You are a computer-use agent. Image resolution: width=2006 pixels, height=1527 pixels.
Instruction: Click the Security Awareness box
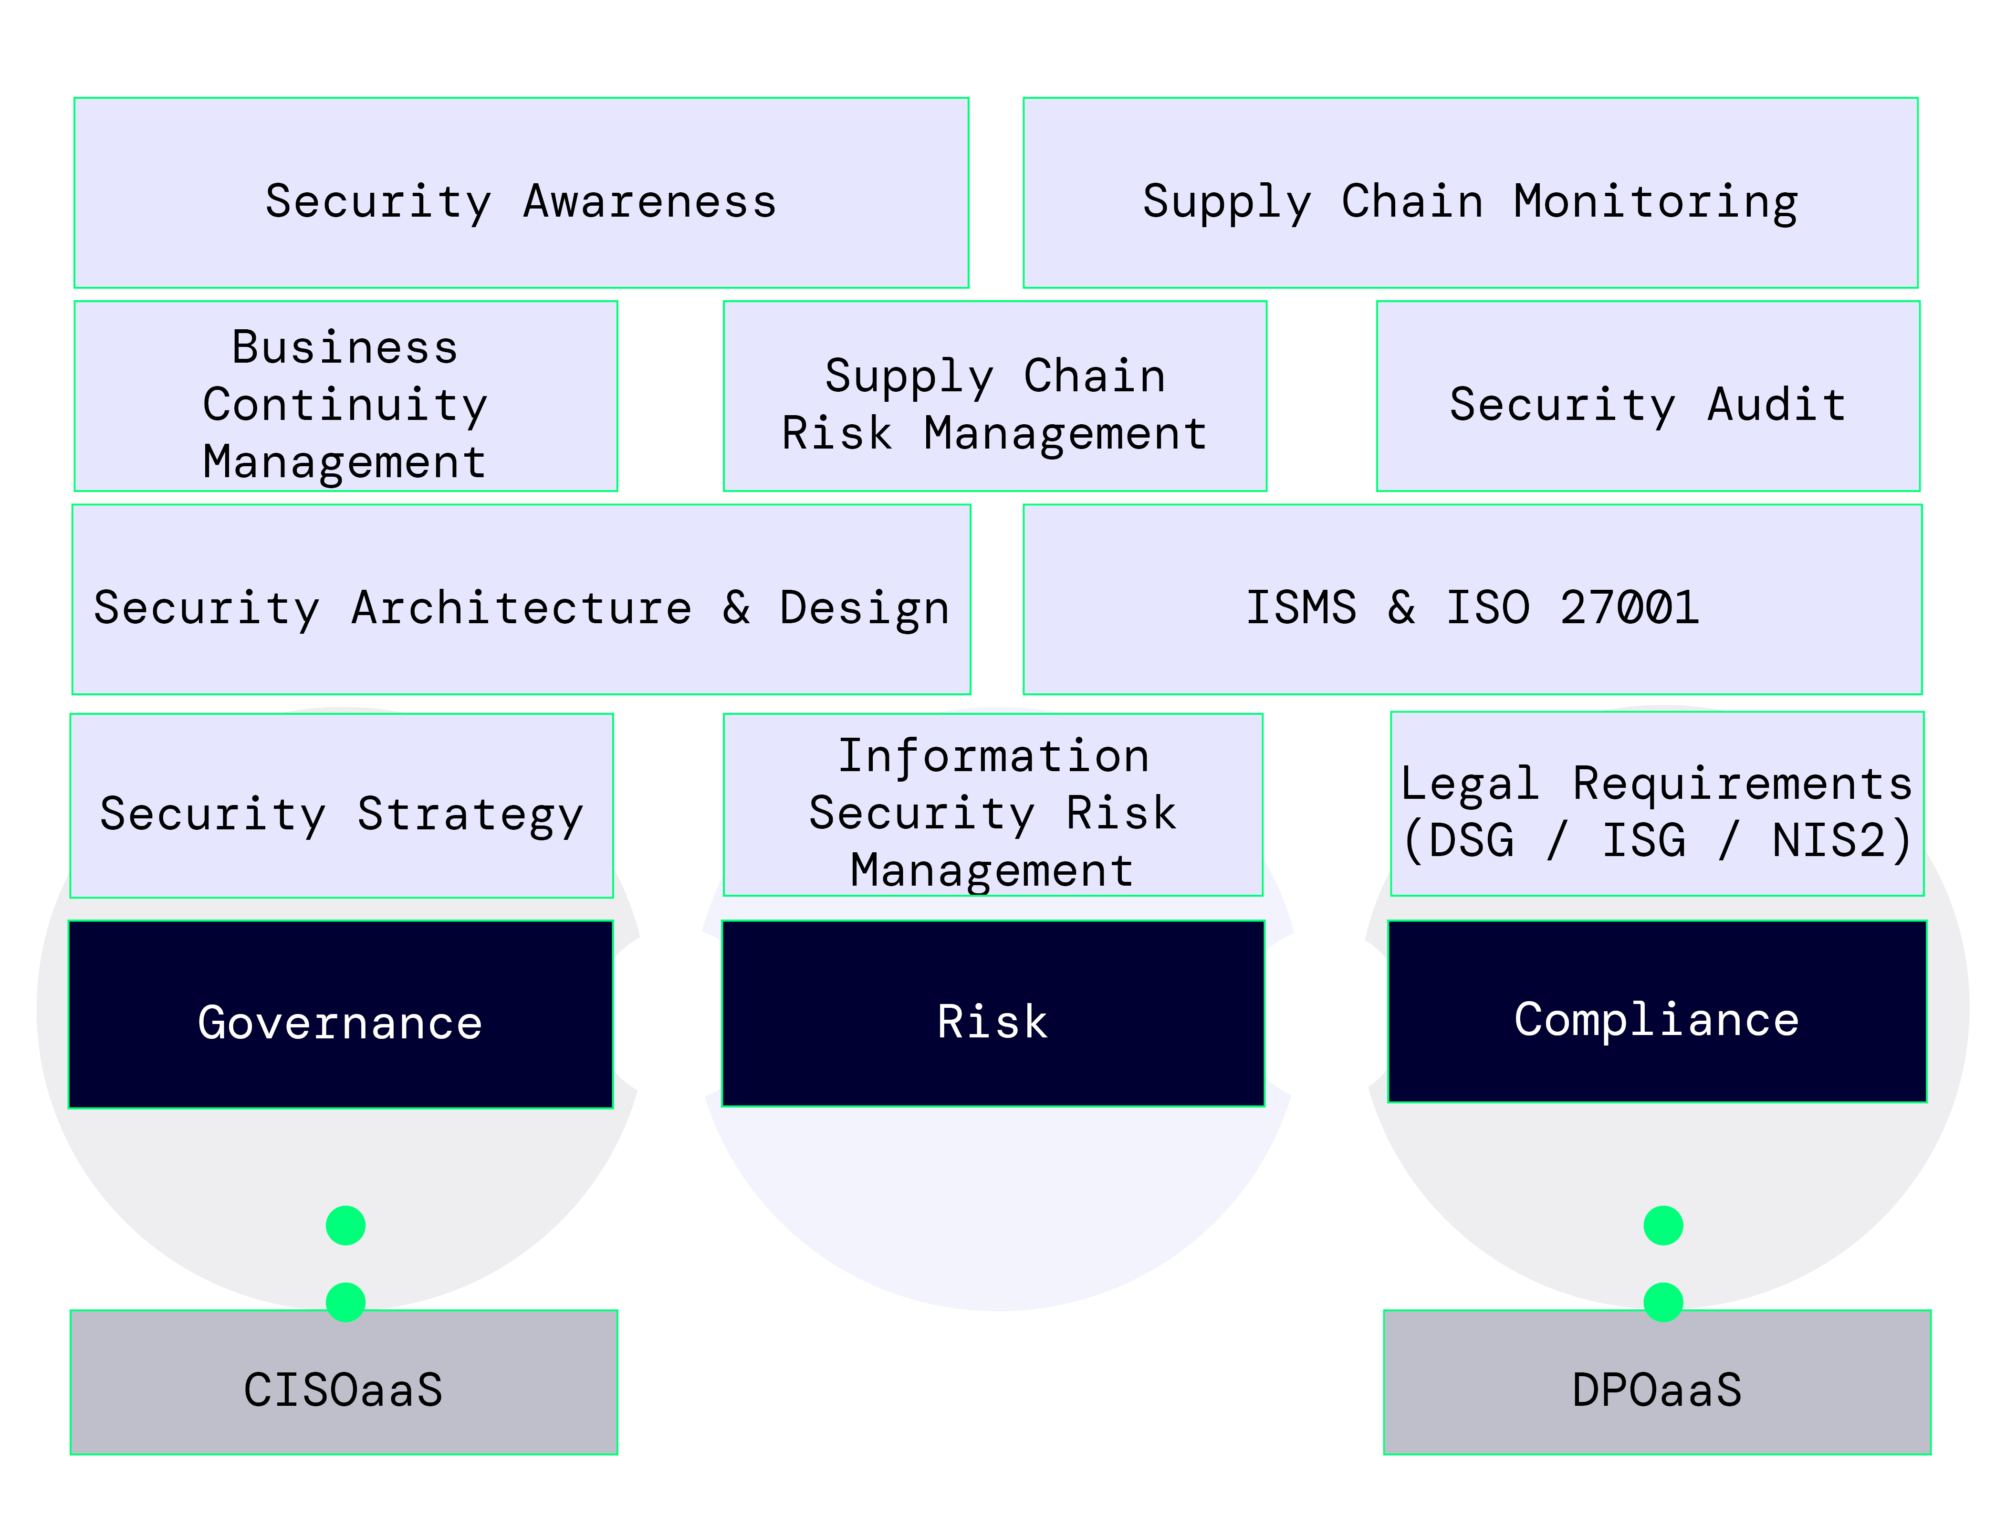pos(521,193)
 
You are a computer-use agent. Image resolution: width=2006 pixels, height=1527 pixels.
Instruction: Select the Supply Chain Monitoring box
pos(1470,193)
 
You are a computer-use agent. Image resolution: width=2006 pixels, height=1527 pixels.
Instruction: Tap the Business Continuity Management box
pos(345,396)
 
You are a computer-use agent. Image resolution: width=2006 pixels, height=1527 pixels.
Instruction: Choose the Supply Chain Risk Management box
pos(994,396)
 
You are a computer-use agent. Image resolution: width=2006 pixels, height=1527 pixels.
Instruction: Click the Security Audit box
pos(1647,396)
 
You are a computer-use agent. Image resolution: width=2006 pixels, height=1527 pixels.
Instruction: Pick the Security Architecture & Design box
pos(521,600)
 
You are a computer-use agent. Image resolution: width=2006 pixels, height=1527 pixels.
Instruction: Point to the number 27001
pos(1629,607)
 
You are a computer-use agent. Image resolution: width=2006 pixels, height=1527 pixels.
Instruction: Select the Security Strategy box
pos(341,806)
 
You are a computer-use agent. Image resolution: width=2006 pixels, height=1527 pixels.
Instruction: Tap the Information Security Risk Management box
pos(993,805)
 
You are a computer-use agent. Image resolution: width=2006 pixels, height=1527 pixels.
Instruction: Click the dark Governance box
pos(341,1015)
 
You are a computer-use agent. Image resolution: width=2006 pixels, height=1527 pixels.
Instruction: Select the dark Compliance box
pos(1656,1012)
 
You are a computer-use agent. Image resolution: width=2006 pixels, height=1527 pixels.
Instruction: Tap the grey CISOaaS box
pos(344,1382)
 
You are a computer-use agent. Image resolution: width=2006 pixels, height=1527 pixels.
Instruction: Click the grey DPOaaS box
pos(1656,1382)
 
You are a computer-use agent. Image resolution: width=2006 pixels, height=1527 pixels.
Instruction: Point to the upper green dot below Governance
pos(345,1225)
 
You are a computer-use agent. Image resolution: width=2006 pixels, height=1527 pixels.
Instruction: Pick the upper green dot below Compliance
pos(1662,1225)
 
